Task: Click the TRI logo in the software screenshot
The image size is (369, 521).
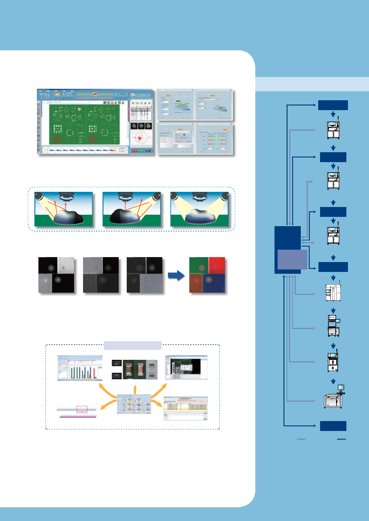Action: (x=45, y=96)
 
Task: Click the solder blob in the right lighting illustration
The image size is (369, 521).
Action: (x=200, y=216)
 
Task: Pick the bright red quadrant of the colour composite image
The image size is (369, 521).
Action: (x=217, y=265)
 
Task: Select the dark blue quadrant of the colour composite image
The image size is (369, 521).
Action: (x=214, y=284)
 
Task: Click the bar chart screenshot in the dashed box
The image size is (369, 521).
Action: (x=80, y=368)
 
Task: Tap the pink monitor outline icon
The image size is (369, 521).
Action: (x=82, y=410)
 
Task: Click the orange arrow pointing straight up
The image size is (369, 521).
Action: (x=135, y=390)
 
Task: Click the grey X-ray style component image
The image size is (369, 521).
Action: (x=152, y=369)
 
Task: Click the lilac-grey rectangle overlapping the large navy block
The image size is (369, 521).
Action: (x=292, y=260)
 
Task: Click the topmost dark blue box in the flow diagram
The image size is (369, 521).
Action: (x=333, y=105)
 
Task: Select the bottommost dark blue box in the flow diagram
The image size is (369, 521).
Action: (x=333, y=426)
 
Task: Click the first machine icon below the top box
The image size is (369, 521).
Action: (x=333, y=130)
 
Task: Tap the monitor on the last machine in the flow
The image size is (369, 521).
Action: (x=341, y=387)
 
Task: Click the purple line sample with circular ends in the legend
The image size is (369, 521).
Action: (x=301, y=439)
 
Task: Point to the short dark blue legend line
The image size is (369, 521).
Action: (x=341, y=439)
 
